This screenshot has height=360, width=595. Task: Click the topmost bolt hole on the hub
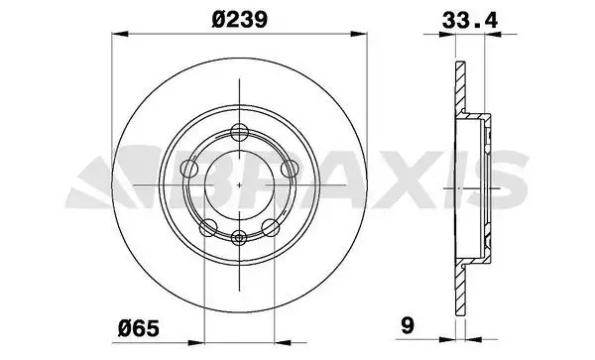coord(238,130)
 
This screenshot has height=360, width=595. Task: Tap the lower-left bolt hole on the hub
coord(207,228)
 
